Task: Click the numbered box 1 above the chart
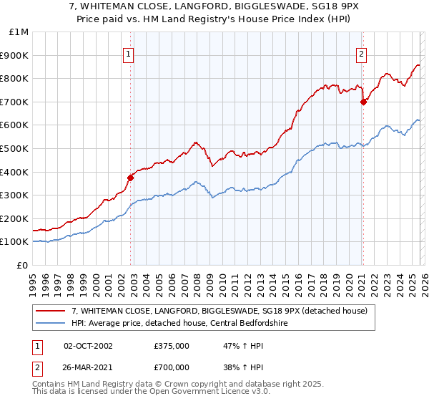(129, 53)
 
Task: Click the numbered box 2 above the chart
(362, 53)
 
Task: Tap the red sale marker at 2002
(131, 178)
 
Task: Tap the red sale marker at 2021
(363, 102)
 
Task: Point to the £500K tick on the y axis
(14, 148)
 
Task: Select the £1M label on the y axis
(19, 32)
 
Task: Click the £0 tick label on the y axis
(21, 265)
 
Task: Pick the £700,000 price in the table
(172, 368)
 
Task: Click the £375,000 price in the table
(172, 345)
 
